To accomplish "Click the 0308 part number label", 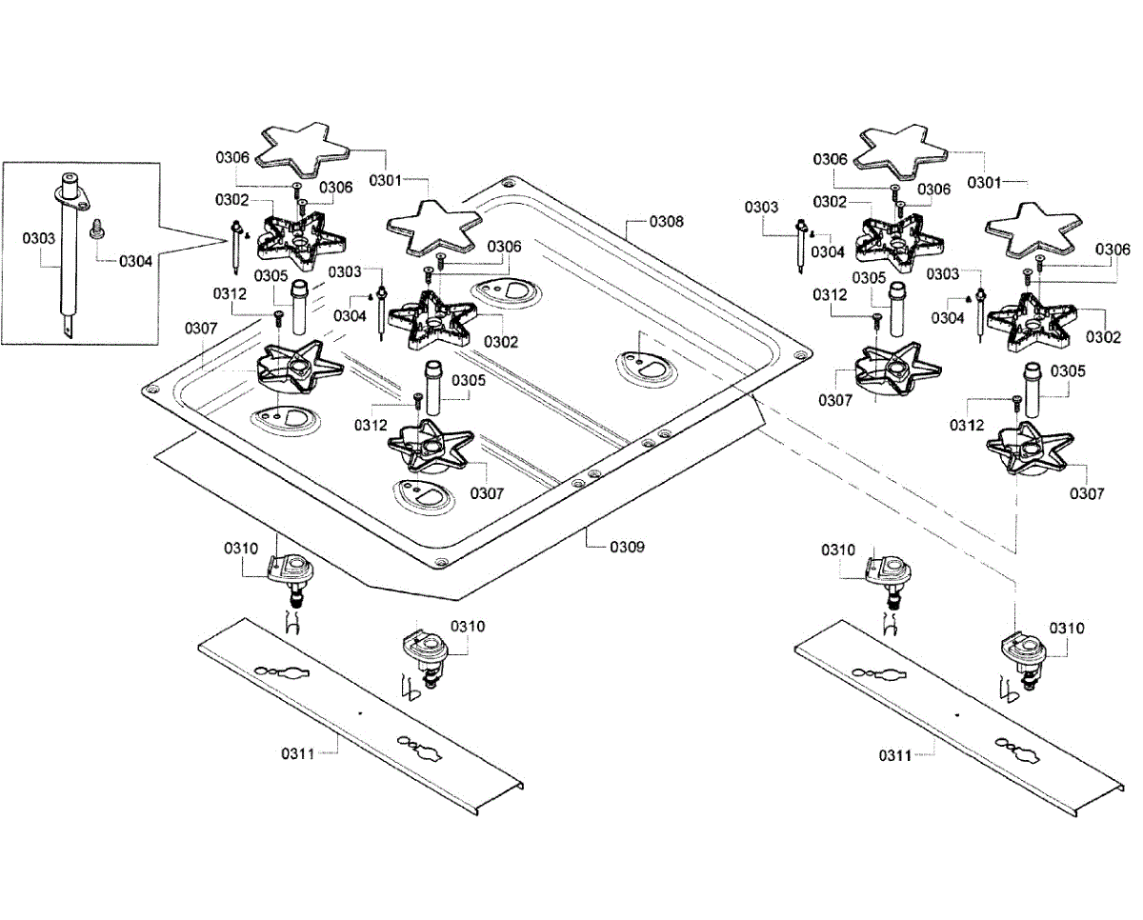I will (x=666, y=222).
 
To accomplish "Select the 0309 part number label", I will (x=628, y=547).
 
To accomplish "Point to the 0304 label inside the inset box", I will (x=136, y=260).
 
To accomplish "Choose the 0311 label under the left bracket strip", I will (x=297, y=753).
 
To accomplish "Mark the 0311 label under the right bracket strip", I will (x=896, y=755).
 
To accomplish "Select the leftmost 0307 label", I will (x=202, y=329).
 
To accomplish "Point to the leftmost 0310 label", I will (x=241, y=549).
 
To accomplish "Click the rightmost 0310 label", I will (x=1067, y=629).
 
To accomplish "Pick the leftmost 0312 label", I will (x=231, y=294).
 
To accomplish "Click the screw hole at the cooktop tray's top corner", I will (x=509, y=183).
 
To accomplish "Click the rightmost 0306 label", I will (x=1113, y=250).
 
